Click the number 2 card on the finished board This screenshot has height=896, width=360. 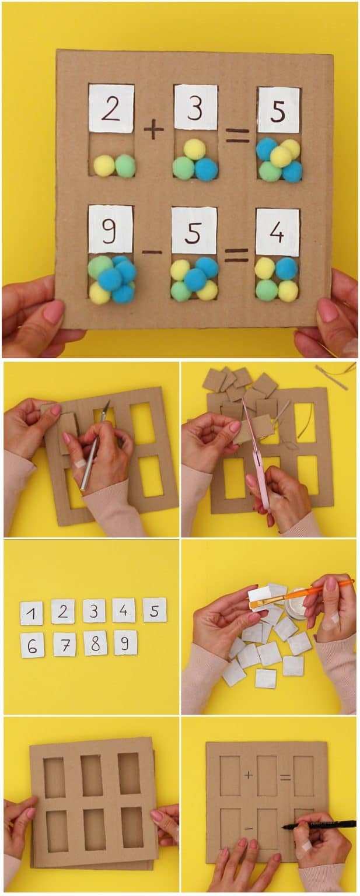tap(111, 108)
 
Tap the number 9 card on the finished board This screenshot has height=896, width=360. tap(110, 229)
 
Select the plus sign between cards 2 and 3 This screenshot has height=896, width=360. tap(153, 129)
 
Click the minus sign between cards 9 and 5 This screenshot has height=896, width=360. tap(152, 252)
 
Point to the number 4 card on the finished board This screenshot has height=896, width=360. tap(277, 232)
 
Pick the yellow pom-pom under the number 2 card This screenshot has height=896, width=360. tap(104, 166)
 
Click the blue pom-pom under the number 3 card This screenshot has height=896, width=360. tap(206, 169)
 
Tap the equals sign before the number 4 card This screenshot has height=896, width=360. tap(236, 254)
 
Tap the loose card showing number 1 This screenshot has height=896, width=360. tap(32, 613)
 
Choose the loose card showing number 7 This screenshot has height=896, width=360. tap(64, 644)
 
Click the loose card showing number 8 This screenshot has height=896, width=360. tap(95, 643)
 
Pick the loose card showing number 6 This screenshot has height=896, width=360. tap(32, 645)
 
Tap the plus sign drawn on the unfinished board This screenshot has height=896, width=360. tap(249, 775)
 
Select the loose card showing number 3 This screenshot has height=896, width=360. tap(94, 610)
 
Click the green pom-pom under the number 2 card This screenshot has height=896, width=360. tap(125, 166)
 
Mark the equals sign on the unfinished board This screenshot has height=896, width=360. tap(285, 777)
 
